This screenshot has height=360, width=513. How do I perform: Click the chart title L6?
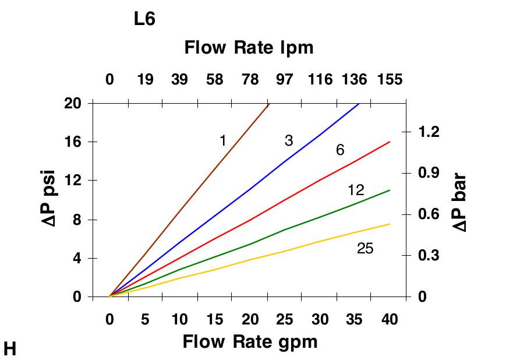[144, 19]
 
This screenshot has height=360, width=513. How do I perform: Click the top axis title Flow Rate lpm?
[249, 48]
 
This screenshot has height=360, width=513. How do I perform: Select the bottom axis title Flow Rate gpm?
[250, 341]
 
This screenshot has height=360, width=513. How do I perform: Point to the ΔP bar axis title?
[459, 201]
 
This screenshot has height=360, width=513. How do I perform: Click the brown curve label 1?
[223, 140]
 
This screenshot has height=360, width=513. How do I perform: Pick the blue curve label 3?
[288, 140]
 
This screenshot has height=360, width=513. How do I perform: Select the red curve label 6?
[340, 150]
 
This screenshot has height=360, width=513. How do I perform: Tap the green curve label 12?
[356, 190]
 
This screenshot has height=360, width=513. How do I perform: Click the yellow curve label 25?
[365, 249]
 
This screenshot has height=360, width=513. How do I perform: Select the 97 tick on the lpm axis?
[285, 79]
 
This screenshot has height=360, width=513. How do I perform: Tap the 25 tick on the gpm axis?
[285, 319]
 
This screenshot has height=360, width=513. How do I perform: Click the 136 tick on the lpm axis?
[355, 79]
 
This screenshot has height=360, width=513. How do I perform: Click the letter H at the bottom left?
[10, 349]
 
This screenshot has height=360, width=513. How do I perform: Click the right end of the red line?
[390, 142]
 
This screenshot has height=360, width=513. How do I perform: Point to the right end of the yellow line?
[390, 224]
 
